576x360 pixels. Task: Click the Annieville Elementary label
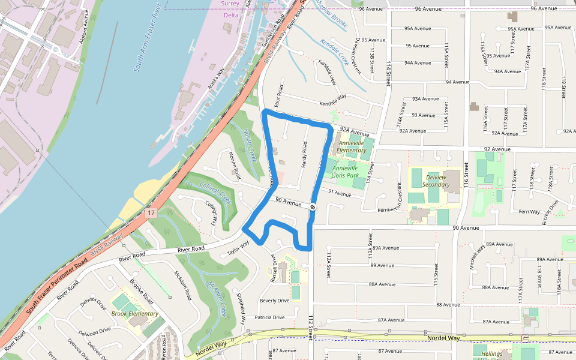tap(352, 146)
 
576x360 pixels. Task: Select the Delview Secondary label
tap(436, 181)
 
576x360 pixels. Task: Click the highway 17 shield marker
tap(151, 212)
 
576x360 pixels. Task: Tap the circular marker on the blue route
tap(313, 207)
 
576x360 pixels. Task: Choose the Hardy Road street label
tap(304, 154)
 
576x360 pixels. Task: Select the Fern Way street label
tap(529, 211)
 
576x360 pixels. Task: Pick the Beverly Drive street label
tap(274, 301)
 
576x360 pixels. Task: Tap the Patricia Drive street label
tap(269, 317)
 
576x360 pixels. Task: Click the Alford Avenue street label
tap(87, 26)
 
